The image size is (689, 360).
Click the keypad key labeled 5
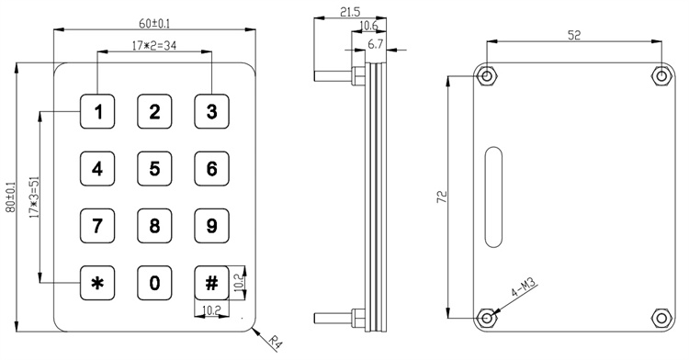[x=154, y=169]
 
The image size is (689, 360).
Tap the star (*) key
[x=97, y=283]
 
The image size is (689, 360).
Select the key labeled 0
[x=154, y=283]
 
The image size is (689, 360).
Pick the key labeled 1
[x=97, y=111]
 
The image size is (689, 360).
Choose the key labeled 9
[x=212, y=226]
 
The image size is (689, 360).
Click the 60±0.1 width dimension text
[x=154, y=24]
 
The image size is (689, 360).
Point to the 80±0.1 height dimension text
[x=10, y=198]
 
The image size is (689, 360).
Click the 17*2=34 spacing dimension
[x=154, y=45]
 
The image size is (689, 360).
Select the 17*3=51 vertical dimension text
[x=35, y=197]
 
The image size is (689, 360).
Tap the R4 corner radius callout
[x=275, y=343]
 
